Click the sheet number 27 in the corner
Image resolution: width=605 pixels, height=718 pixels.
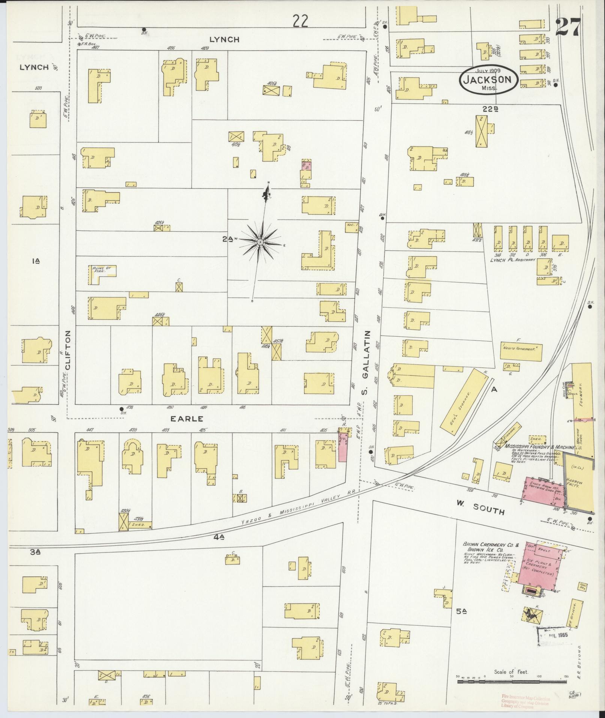point(568,27)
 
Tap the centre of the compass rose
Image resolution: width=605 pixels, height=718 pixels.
point(259,242)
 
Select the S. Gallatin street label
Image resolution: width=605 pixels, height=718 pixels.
point(366,363)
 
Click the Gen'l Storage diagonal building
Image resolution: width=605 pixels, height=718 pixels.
point(464,399)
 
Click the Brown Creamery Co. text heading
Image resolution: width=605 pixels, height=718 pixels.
point(491,545)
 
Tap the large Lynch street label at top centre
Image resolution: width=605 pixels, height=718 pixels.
point(224,39)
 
